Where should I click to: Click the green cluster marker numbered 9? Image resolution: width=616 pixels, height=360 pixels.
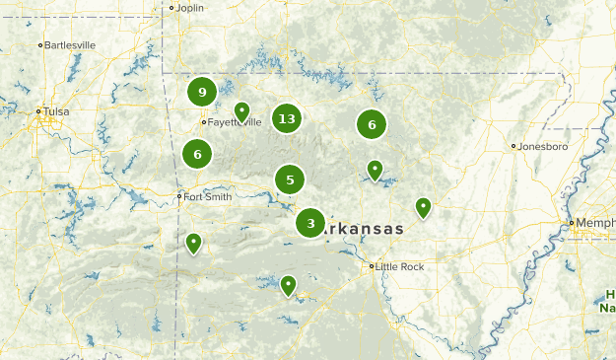click(202, 92)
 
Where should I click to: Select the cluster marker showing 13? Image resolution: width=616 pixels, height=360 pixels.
click(286, 119)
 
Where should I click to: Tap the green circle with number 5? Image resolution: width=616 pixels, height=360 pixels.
click(290, 180)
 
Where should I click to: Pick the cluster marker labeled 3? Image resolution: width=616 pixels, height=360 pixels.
click(310, 224)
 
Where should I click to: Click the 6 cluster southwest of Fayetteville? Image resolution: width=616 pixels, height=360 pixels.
click(197, 154)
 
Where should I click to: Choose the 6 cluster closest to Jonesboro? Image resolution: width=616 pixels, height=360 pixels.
click(372, 124)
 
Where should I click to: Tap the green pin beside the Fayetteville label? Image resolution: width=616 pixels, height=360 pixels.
click(241, 111)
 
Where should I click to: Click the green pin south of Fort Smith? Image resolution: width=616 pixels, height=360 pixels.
click(193, 242)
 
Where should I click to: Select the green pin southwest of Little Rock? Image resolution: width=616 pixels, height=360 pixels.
click(288, 284)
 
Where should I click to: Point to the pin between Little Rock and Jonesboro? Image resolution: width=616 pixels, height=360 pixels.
click(423, 206)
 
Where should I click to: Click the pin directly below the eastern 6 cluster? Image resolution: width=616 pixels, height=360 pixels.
click(375, 170)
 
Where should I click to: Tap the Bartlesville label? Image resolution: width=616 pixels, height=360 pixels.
click(70, 44)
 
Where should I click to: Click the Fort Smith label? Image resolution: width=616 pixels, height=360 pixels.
click(208, 196)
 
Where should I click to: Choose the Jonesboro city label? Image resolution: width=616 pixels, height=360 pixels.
click(543, 146)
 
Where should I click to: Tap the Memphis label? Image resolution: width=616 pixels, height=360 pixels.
click(596, 223)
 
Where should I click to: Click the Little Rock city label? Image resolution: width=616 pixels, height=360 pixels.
click(400, 266)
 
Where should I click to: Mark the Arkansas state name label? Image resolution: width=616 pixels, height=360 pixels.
click(365, 229)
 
